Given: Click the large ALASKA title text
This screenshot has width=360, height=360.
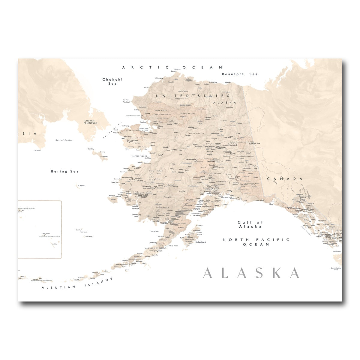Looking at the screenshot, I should pos(251,273).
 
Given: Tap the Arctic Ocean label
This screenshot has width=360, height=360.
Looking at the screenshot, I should pos(172,68).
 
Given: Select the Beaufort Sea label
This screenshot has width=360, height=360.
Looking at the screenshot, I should pos(240,74).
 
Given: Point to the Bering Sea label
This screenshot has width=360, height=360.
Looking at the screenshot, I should pos(64,171).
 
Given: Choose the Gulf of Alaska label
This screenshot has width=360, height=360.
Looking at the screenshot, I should pos(250,224).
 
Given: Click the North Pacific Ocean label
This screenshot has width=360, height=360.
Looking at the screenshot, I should pos(256,242).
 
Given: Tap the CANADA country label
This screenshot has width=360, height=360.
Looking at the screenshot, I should pos(285,179).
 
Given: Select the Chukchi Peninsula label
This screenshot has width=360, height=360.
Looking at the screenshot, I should pos(90,121).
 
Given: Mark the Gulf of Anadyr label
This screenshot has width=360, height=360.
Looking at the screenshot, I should pos(64,140).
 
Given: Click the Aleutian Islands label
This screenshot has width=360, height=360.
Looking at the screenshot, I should pos(77,284).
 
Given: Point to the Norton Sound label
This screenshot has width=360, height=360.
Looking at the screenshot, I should pos(139,156).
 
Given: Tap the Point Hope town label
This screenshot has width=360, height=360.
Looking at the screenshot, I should pos(126,102).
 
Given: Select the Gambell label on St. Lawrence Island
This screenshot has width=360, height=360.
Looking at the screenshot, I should pos(91,148).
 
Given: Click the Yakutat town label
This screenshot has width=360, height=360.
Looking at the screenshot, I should pos(271,204).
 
